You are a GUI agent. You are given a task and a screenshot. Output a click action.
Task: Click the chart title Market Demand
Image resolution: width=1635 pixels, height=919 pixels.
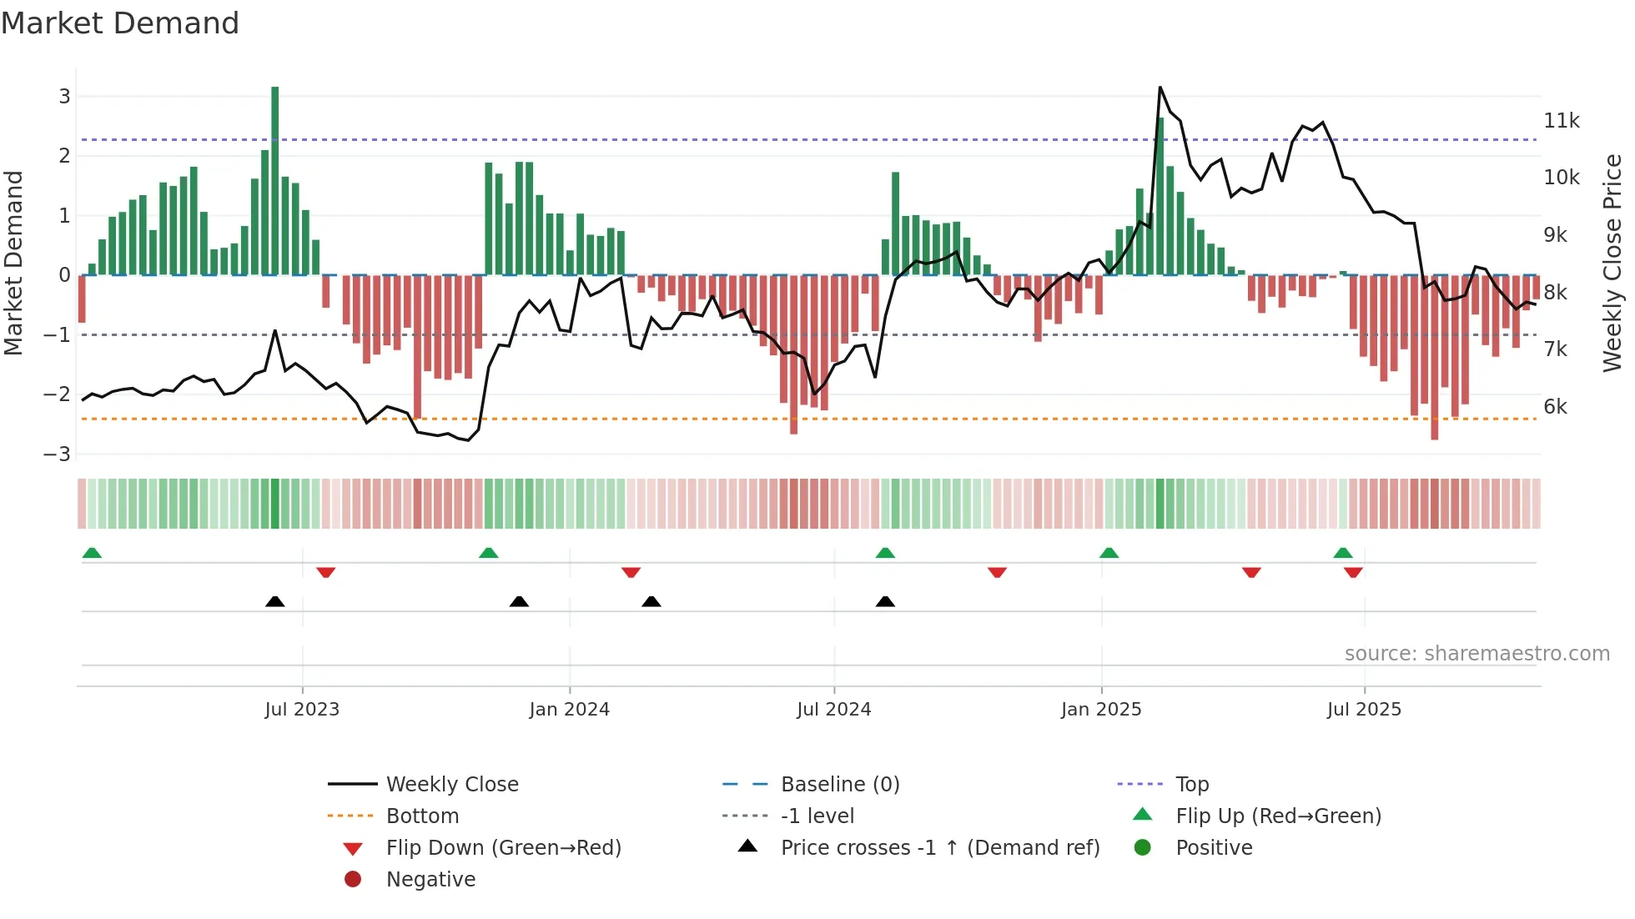point(120,23)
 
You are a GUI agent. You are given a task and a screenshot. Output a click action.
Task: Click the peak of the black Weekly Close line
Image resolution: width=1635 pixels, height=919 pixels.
point(1160,88)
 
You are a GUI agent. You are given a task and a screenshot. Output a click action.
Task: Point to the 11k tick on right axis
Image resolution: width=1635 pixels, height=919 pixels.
point(1561,121)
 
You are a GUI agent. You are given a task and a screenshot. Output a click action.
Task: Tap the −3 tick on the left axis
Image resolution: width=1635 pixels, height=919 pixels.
point(57,454)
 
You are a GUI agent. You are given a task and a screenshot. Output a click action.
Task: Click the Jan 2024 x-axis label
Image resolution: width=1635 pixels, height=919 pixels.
point(569,710)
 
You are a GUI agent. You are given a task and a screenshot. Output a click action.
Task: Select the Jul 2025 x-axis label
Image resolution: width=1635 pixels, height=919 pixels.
point(1364,710)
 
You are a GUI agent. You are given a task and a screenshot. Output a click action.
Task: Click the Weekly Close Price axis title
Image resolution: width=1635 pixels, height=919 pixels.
point(1612,263)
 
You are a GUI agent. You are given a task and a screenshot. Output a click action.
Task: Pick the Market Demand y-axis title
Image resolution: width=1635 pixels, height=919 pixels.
point(14,263)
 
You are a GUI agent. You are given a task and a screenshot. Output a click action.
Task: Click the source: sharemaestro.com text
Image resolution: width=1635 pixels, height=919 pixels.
point(1477,654)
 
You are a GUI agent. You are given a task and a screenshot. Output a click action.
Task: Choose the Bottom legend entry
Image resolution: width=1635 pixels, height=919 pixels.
point(422,816)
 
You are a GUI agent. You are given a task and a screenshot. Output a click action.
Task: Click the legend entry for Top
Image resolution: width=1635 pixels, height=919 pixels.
point(1192,785)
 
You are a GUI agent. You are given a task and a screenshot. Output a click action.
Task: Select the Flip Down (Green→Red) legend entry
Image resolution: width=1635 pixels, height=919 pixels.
point(503,848)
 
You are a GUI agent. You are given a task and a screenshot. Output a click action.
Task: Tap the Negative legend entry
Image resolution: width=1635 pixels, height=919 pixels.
point(430,880)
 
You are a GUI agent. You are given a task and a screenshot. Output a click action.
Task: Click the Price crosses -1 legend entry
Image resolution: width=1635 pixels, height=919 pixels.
point(939,848)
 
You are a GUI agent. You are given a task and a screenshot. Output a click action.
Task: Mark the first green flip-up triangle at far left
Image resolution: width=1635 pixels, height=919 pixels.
point(92,553)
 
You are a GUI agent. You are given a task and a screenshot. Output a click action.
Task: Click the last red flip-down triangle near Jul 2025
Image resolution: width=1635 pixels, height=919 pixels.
point(1353,572)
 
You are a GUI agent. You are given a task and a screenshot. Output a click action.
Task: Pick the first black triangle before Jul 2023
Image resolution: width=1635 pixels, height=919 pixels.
point(275,601)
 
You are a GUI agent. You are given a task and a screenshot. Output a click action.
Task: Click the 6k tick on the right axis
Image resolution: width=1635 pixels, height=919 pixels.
point(1555,407)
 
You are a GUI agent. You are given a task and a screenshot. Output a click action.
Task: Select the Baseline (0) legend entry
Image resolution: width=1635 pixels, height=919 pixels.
point(839,785)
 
